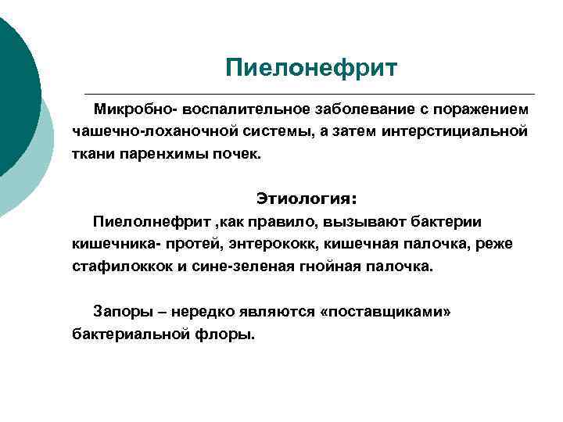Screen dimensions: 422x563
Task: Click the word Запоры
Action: pos(122,312)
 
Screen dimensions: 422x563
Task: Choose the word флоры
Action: pos(232,334)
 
